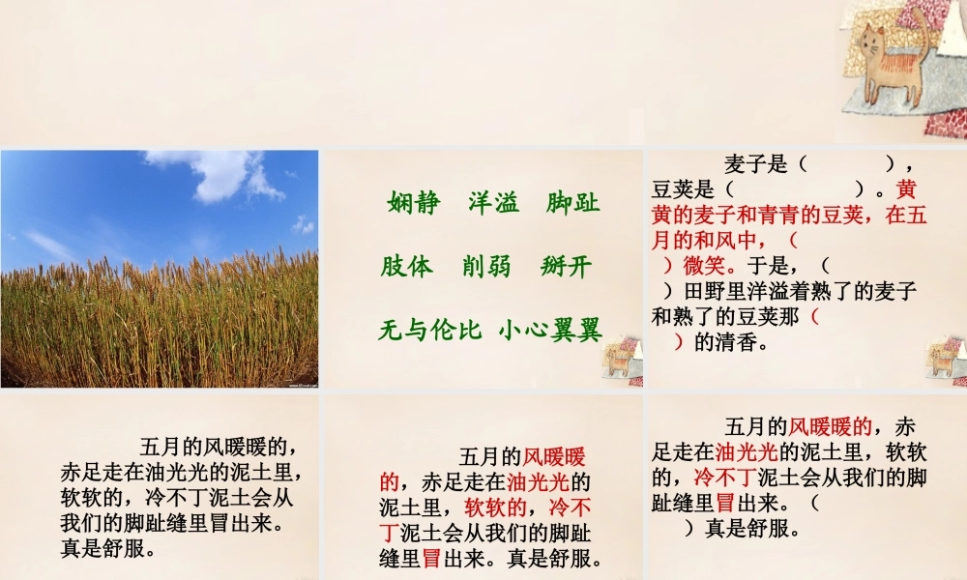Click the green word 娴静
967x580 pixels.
(x=413, y=204)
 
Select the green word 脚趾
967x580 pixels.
(x=573, y=204)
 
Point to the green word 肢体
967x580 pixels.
(x=406, y=267)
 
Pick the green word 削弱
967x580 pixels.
(x=486, y=267)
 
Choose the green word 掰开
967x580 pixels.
(x=566, y=267)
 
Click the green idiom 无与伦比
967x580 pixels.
(x=429, y=331)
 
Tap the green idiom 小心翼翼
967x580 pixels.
(x=551, y=331)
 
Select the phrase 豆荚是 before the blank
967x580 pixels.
(x=684, y=189)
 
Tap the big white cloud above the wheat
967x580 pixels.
(x=218, y=174)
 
